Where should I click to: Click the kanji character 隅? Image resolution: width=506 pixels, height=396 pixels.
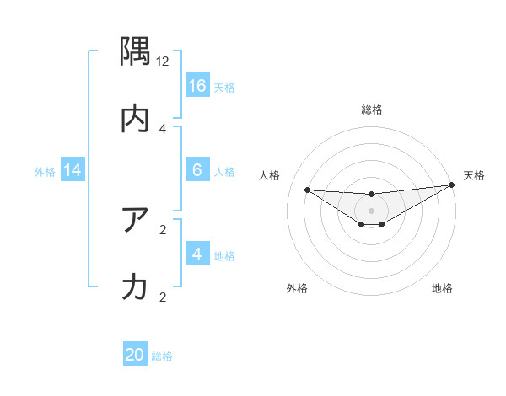click(x=135, y=53)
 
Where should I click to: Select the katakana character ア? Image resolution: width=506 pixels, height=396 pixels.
click(x=135, y=221)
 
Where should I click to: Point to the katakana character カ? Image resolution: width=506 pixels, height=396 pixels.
click(x=135, y=287)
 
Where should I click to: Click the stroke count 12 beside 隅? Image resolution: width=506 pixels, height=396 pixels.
click(x=163, y=62)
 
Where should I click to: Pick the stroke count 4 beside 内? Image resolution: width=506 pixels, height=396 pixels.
click(x=163, y=128)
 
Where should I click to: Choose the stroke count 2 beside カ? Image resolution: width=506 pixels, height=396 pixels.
click(x=163, y=296)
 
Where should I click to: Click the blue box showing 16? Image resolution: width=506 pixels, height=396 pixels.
click(x=197, y=86)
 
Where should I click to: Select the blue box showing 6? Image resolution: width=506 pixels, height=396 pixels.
click(x=197, y=170)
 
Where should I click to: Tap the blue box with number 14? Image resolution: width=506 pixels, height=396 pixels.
click(x=73, y=171)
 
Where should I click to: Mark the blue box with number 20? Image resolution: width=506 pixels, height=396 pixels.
click(x=135, y=355)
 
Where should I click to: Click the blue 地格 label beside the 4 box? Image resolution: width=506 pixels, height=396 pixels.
click(x=224, y=256)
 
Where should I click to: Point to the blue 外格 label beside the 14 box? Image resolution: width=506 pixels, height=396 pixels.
click(x=45, y=172)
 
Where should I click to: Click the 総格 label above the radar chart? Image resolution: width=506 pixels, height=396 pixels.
click(x=372, y=110)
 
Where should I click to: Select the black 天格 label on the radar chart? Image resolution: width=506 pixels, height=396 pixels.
click(x=474, y=175)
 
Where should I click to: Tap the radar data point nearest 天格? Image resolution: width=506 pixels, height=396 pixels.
click(x=452, y=185)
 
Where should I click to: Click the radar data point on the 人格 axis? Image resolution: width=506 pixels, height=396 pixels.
click(x=307, y=190)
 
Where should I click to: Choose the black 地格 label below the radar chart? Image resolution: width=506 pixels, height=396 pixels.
click(x=442, y=288)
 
